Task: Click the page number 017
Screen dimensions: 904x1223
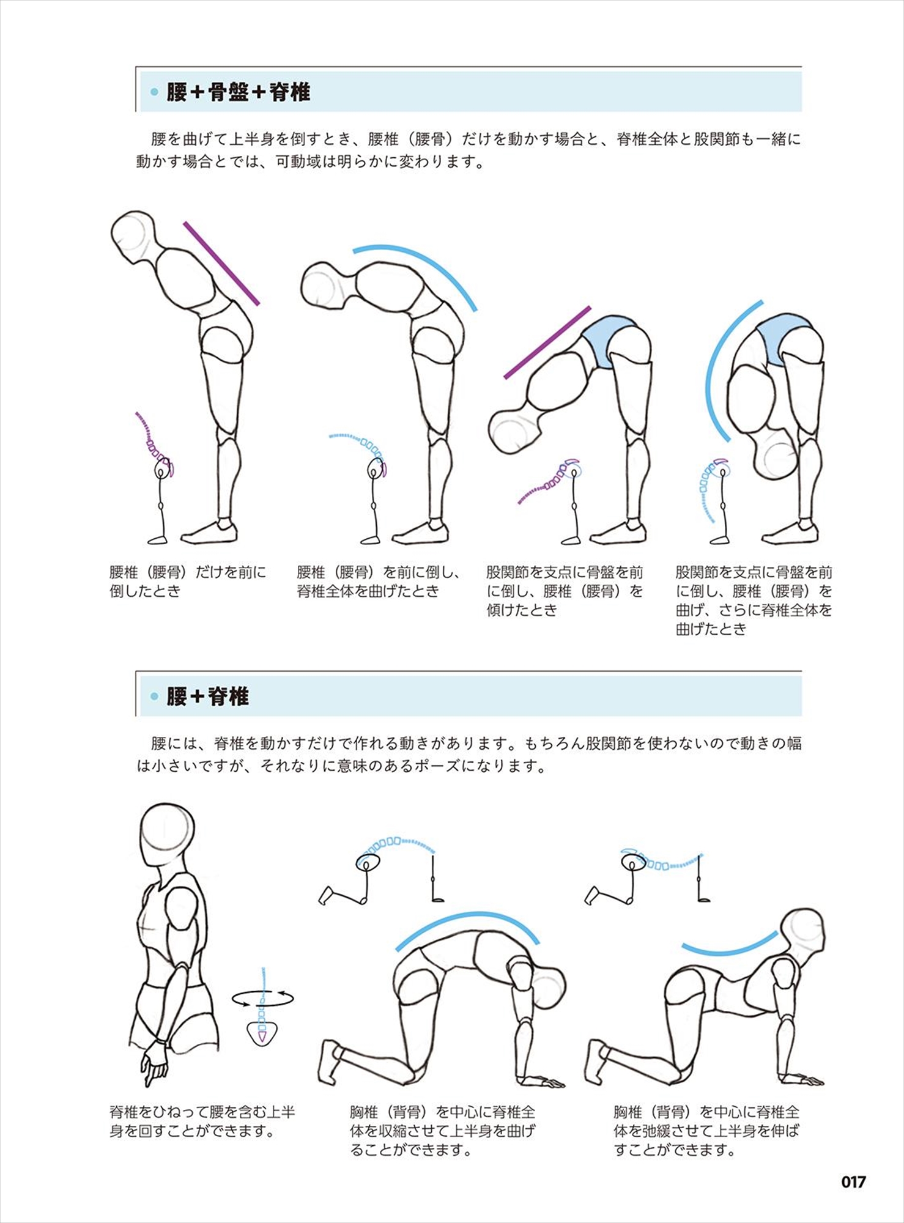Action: coord(853,1181)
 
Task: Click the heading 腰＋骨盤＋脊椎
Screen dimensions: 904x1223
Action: coord(239,92)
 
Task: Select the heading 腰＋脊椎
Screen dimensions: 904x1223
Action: coord(207,696)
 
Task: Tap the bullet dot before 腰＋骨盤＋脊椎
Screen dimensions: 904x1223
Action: coord(154,92)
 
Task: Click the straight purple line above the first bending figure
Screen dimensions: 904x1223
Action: coord(221,264)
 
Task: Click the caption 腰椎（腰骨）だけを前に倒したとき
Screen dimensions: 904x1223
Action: coord(188,582)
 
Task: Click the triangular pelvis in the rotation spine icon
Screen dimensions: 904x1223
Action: coord(262,1033)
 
